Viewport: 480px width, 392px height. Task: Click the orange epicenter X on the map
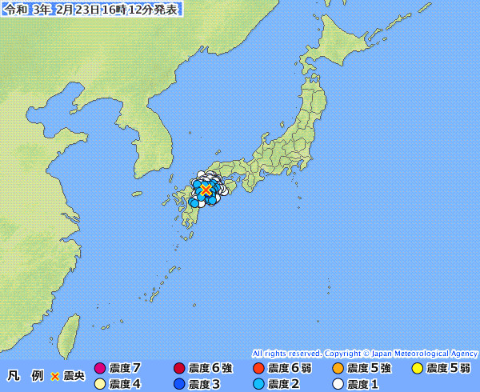(x=206, y=190)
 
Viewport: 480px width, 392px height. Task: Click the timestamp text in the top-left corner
(x=91, y=10)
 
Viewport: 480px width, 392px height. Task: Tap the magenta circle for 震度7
(x=100, y=369)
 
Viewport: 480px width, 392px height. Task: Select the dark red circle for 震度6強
(x=179, y=369)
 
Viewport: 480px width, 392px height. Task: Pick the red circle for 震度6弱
(x=258, y=369)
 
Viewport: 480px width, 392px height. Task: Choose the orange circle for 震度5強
(x=338, y=369)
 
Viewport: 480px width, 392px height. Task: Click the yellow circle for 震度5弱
(x=417, y=369)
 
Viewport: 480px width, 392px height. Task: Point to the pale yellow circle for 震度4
(x=100, y=383)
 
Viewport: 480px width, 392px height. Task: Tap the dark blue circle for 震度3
(x=179, y=383)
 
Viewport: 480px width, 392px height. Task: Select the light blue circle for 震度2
(x=258, y=383)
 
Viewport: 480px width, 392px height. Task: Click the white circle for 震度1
(x=338, y=383)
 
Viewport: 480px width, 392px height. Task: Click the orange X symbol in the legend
(x=55, y=376)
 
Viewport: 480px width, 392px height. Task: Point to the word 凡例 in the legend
(x=25, y=376)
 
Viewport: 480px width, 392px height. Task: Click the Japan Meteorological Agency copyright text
(x=365, y=353)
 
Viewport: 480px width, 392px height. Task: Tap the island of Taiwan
(x=70, y=334)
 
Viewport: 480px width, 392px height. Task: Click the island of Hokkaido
(x=352, y=60)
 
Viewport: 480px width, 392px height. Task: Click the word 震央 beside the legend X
(x=74, y=376)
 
